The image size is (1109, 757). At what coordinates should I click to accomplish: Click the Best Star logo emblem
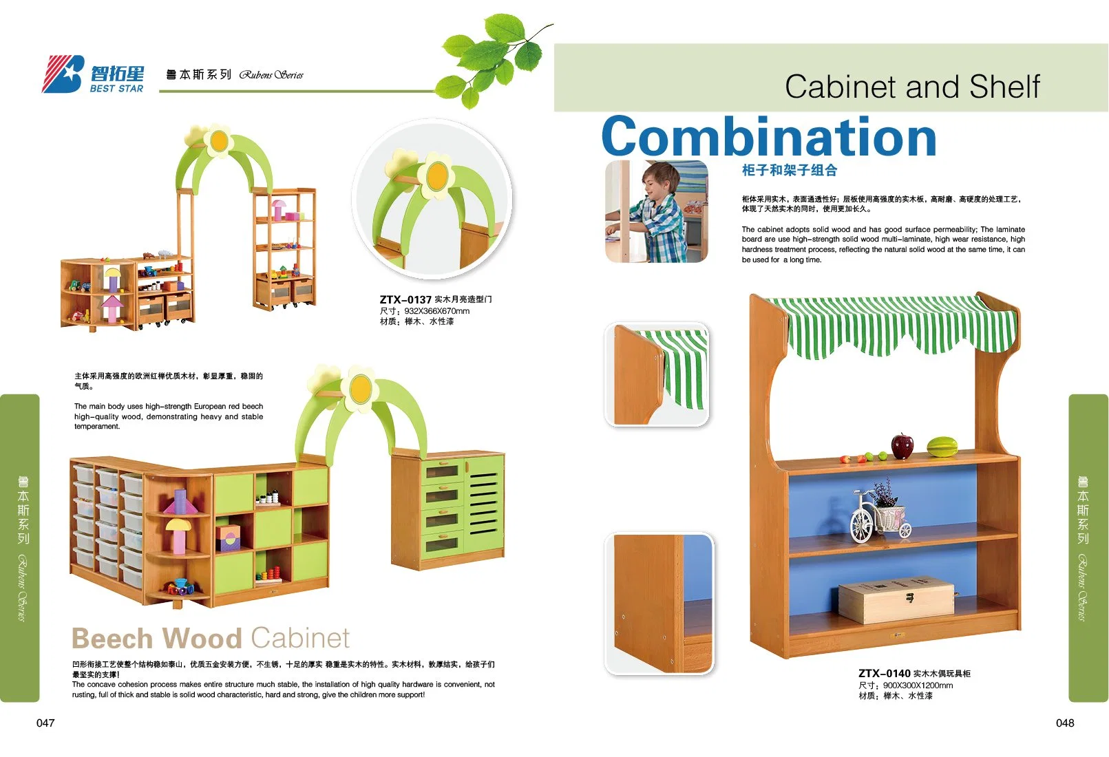click(63, 74)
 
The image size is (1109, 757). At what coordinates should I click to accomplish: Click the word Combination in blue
click(769, 138)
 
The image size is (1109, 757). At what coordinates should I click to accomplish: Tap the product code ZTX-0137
click(405, 299)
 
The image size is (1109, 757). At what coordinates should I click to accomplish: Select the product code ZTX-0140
click(884, 673)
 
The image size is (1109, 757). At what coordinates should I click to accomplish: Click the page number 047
click(45, 723)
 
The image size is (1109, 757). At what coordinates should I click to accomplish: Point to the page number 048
click(1064, 723)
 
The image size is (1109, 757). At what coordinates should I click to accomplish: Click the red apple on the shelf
click(902, 445)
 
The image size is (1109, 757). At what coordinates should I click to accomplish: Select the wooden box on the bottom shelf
click(896, 599)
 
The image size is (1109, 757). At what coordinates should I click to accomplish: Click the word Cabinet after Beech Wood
click(300, 639)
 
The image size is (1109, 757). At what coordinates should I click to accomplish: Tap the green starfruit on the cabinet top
click(942, 446)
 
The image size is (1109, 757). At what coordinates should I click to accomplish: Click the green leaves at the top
click(496, 55)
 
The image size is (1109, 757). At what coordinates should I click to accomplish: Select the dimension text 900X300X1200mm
click(918, 685)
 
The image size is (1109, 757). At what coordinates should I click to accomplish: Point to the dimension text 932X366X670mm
click(436, 311)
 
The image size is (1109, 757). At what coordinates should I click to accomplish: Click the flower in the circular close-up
click(436, 176)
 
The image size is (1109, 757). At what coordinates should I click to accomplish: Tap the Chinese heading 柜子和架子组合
click(789, 171)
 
